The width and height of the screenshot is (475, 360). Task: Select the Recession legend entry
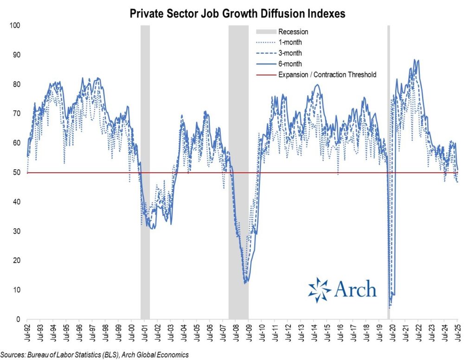293,32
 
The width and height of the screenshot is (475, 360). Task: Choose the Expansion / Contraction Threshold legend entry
327,74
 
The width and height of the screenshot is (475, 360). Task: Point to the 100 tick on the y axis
15,25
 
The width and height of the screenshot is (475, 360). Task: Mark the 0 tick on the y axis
18,320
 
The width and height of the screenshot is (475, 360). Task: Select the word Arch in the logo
355,289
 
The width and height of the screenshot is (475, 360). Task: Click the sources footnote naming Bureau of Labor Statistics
95,354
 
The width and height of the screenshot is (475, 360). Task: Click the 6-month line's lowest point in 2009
245,282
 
